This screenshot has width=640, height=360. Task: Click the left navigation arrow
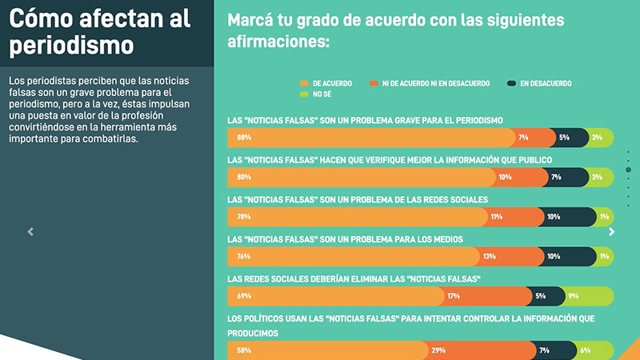tap(30, 232)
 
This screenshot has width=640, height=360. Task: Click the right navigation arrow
tap(612, 232)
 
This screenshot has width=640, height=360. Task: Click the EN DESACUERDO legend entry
tap(539, 83)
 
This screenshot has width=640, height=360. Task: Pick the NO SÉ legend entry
tap(317, 94)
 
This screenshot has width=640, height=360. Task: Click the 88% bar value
tap(244, 138)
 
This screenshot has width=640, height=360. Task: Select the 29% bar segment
tap(482, 350)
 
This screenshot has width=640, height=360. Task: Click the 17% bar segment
tap(488, 296)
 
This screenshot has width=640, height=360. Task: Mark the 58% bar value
tap(244, 350)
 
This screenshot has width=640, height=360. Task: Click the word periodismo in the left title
tap(71, 45)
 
